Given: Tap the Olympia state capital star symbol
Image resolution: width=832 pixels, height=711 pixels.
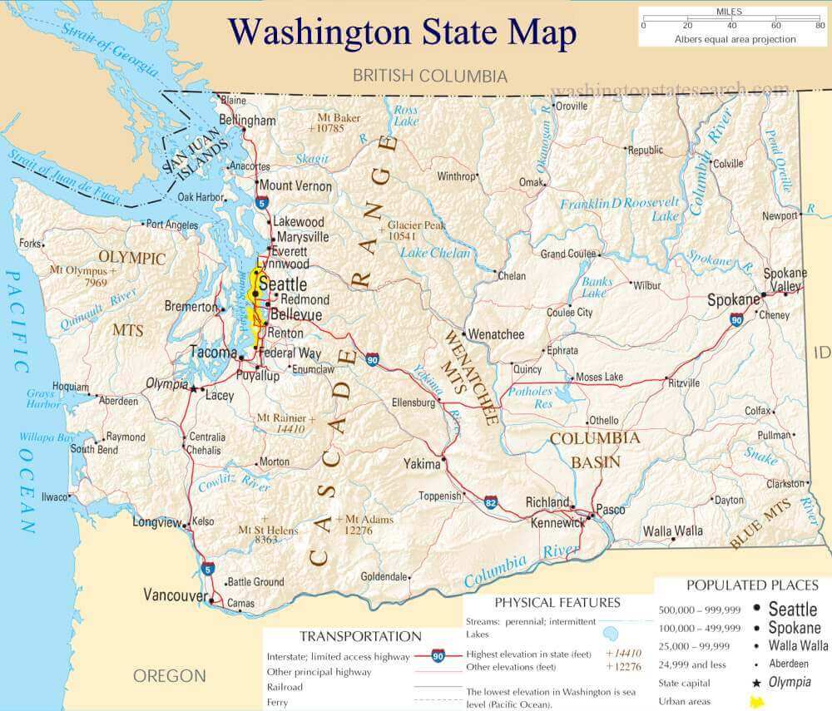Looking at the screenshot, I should [194, 388].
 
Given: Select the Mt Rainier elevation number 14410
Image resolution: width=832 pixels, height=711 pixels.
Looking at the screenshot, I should [288, 429].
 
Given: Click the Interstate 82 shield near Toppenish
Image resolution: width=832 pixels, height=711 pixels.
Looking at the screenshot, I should [492, 502].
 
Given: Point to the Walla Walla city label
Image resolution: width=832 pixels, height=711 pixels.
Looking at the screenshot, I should [673, 531].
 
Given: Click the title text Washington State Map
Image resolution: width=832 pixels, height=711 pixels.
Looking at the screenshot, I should [402, 32].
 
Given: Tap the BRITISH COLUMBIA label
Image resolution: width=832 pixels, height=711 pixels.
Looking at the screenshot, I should [429, 76].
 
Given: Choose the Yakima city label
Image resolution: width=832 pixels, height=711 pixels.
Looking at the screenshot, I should [422, 463].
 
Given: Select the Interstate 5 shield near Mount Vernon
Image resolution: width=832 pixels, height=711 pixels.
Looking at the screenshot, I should [262, 202].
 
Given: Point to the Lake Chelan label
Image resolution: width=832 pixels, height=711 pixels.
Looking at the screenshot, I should [434, 253].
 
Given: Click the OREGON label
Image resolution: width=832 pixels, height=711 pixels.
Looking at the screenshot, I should [169, 675].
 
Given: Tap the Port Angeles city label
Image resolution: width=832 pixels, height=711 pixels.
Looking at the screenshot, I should [171, 224].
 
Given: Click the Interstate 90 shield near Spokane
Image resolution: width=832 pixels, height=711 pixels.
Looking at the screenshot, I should [736, 318].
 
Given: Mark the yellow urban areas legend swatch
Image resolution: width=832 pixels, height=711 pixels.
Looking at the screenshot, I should [757, 702].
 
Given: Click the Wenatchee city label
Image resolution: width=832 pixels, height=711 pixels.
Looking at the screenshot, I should [497, 334].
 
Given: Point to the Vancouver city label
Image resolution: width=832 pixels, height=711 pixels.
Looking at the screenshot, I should [175, 595].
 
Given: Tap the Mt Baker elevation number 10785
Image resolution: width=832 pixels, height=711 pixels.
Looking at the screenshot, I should [325, 129].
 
